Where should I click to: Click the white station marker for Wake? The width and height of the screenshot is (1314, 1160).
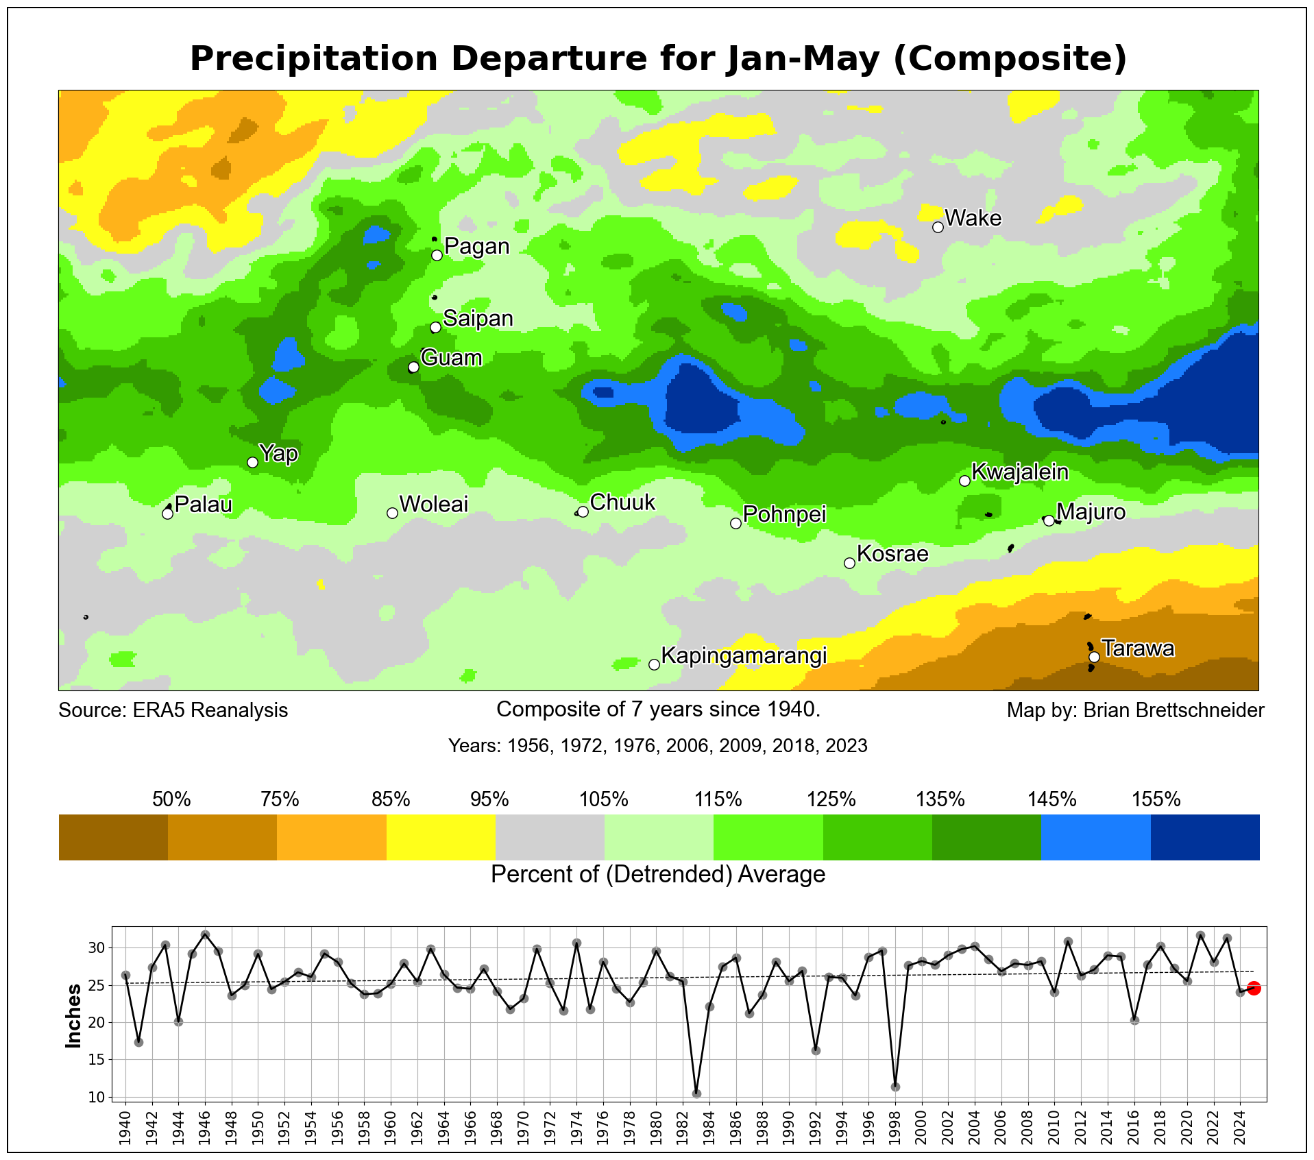pos(938,227)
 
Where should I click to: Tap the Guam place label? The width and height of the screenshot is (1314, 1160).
pos(451,358)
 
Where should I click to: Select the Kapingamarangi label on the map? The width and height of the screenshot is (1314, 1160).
pos(744,656)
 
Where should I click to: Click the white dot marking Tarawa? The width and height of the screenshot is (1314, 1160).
pos(1094,657)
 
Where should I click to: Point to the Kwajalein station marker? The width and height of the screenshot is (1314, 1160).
pos(964,481)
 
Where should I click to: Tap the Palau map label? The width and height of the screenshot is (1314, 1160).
pos(204,505)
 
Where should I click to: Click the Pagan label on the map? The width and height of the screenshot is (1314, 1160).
pos(477,246)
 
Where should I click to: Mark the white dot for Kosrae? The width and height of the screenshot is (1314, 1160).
pos(849,563)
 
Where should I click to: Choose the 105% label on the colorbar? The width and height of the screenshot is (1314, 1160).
pos(604,799)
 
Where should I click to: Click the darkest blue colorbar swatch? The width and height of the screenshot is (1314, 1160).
pos(1205,837)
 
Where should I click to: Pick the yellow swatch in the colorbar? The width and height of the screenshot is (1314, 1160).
pos(441,837)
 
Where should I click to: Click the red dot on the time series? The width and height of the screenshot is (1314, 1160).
pos(1254,988)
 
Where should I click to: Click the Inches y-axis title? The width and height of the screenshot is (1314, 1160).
pos(73,1015)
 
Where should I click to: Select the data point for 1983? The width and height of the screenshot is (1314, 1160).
pos(696,1093)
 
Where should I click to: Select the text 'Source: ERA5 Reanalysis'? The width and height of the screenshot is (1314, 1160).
pos(173,710)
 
